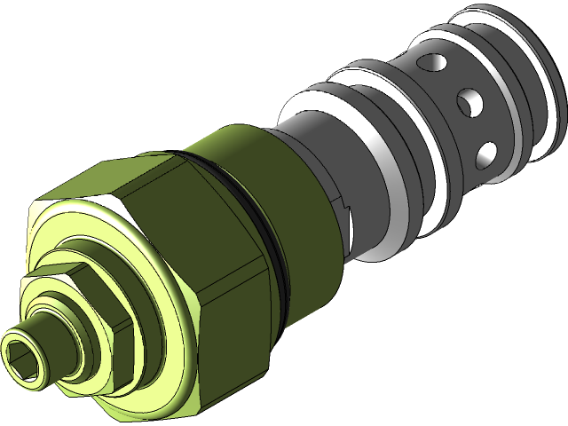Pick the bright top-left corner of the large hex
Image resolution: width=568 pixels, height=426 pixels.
[x=40, y=209]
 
